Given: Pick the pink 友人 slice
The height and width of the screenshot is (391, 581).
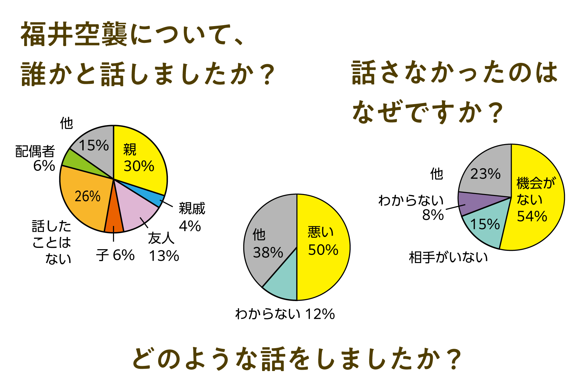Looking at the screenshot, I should click(x=137, y=213).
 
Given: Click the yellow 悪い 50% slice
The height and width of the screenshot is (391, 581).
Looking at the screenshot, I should click(x=323, y=245).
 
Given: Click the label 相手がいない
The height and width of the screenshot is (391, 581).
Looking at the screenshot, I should click(x=448, y=258).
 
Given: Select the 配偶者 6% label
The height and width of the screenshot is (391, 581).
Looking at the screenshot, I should click(x=36, y=158).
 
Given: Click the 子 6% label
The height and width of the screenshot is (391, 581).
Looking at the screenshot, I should click(x=115, y=256).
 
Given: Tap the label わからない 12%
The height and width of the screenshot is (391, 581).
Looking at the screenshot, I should click(x=285, y=314).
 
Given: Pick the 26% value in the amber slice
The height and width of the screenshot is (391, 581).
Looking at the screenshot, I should click(x=87, y=196).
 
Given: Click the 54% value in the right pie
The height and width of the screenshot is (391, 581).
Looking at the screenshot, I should click(x=532, y=216).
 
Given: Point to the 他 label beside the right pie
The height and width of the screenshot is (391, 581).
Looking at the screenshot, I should click(x=436, y=174).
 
